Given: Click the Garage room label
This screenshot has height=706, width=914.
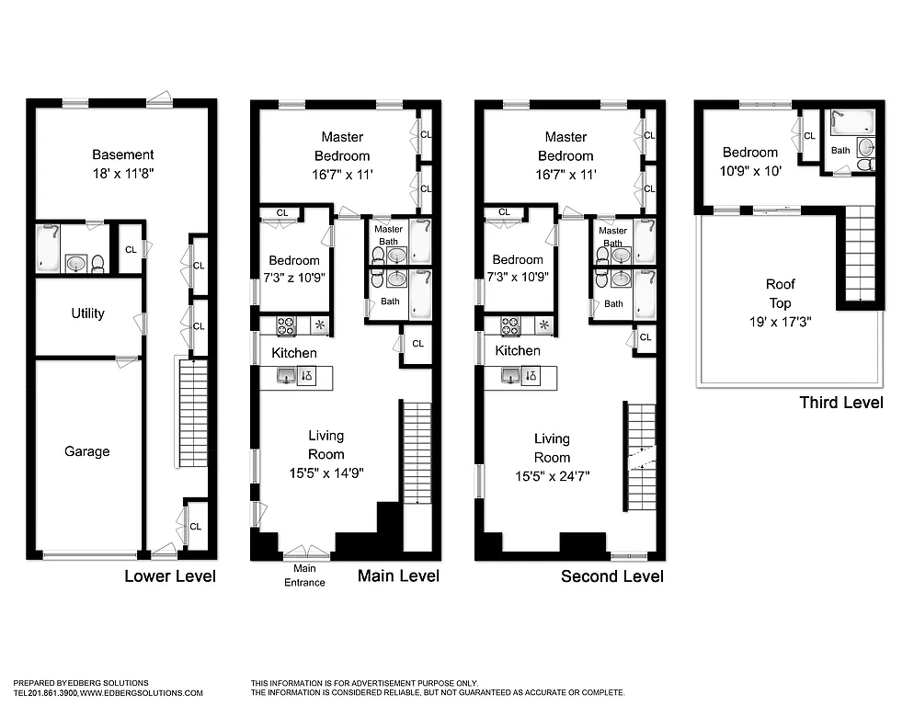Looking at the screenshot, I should click(87, 451).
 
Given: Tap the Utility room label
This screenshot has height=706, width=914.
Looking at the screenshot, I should click(88, 313).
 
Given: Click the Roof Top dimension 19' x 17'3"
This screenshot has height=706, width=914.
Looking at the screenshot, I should click(780, 321).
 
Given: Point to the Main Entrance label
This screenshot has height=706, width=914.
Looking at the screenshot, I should click(304, 576).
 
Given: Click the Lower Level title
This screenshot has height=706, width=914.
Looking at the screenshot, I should click(170, 576).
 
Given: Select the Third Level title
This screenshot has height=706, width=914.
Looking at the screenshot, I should click(840, 402).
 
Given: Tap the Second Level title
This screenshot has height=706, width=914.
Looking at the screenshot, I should click(611, 576).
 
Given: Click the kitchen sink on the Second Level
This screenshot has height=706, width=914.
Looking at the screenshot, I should click(509, 375).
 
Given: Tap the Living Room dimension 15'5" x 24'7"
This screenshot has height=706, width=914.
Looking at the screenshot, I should click(552, 475).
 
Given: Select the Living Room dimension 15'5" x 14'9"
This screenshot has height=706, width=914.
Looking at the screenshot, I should click(326, 473).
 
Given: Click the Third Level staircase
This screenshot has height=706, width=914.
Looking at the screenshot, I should click(859, 253).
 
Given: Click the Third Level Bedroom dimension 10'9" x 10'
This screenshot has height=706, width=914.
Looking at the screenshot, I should click(749, 170).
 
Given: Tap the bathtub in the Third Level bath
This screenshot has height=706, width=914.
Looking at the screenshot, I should click(844, 121).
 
